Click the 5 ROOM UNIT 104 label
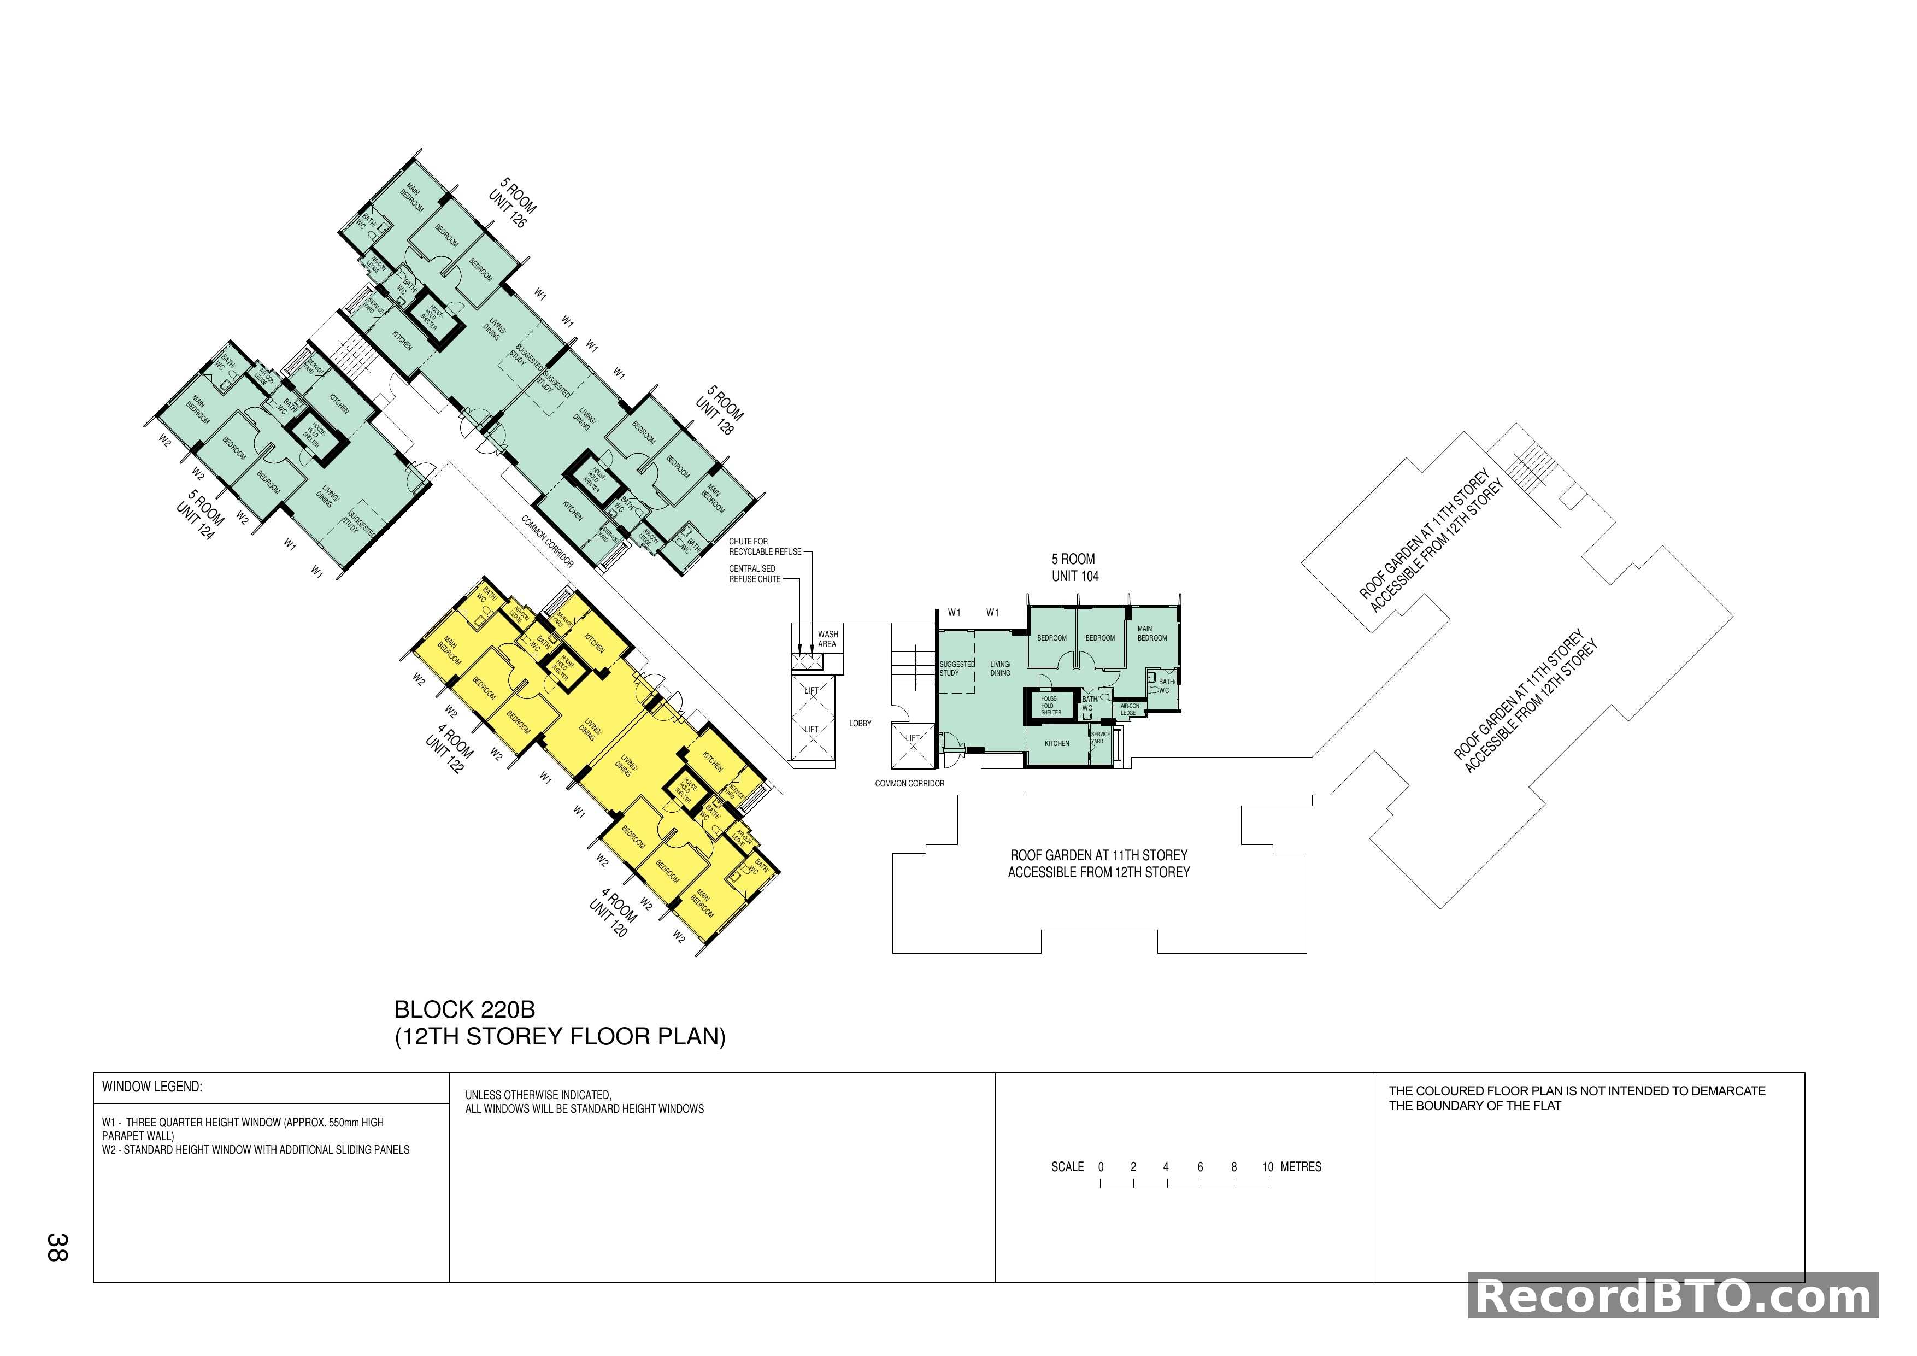point(1074,568)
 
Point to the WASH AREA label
point(827,639)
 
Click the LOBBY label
point(860,723)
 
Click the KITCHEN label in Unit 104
point(1056,743)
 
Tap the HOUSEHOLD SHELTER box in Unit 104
point(1050,706)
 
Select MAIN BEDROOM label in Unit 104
point(1151,634)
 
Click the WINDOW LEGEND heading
point(152,1087)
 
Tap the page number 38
point(57,1247)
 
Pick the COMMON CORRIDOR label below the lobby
point(909,783)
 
